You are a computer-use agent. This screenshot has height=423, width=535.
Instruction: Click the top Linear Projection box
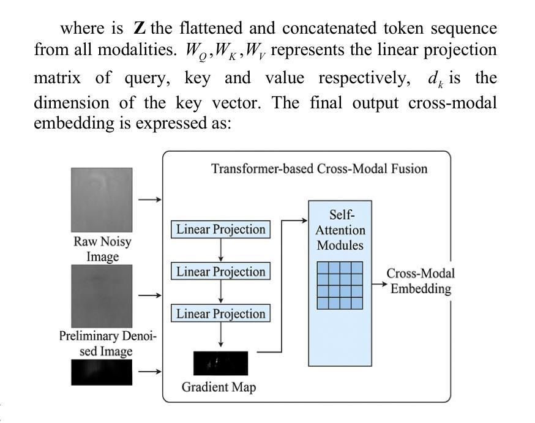point(220,229)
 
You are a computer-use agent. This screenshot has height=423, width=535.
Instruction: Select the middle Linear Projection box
point(220,271)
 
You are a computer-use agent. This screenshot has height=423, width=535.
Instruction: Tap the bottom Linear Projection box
point(220,313)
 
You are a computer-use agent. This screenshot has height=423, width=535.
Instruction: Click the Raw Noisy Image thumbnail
point(102,200)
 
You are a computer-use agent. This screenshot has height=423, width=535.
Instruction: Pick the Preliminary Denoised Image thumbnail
point(102,296)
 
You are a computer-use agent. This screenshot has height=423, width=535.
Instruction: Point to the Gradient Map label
point(219,387)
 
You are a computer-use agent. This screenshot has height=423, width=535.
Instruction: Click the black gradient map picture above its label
point(221,363)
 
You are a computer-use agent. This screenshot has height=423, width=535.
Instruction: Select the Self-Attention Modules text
point(340,230)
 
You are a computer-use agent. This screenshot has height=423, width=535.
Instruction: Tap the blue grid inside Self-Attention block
point(340,285)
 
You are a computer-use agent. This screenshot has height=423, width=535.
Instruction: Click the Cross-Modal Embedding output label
point(421,281)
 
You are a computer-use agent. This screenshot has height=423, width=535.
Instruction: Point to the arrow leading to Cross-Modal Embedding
point(380,284)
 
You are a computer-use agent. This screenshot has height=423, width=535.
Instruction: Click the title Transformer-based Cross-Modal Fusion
point(320,169)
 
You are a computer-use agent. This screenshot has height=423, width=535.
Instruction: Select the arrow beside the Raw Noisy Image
point(150,200)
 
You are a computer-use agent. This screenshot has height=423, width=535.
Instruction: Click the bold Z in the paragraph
point(140,28)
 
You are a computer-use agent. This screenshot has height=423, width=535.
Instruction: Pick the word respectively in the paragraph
point(364,79)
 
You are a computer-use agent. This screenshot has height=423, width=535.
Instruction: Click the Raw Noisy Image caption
point(102,249)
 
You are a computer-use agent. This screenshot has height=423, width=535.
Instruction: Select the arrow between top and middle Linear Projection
point(221,250)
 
